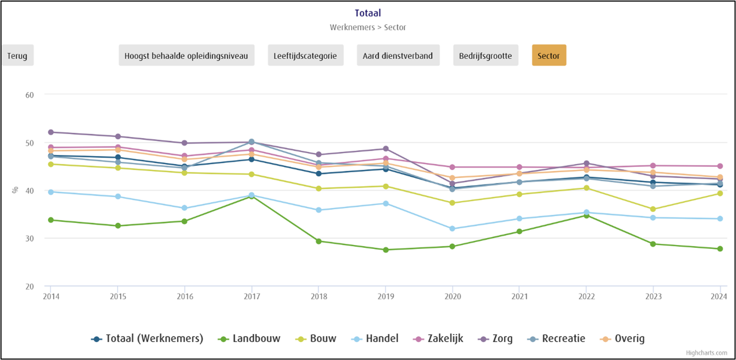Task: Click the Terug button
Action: point(17,56)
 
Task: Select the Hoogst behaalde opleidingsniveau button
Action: point(186,56)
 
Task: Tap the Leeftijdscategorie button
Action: point(305,56)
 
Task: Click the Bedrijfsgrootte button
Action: point(485,56)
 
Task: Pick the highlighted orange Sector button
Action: point(548,56)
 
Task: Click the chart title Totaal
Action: point(367,13)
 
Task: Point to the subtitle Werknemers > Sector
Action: point(367,27)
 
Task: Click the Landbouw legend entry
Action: point(256,339)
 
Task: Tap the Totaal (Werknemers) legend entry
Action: point(154,339)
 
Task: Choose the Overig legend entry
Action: point(629,339)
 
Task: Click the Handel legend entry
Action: point(382,339)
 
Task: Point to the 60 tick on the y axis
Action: point(30,95)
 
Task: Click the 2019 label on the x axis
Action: point(386,297)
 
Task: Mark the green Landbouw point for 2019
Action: point(386,250)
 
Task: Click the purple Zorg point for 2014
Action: point(51,132)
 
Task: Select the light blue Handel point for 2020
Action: point(452,229)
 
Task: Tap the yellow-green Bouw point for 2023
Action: point(653,209)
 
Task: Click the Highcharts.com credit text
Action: point(706,353)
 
